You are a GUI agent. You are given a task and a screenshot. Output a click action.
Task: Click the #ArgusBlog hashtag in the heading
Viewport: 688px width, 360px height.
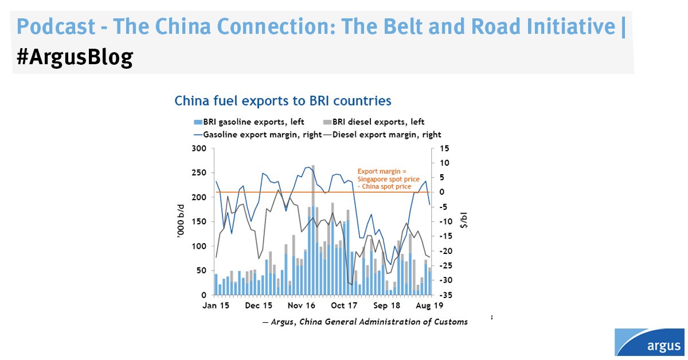[x=75, y=57]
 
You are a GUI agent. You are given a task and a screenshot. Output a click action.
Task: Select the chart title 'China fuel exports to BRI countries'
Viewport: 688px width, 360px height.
[x=283, y=101]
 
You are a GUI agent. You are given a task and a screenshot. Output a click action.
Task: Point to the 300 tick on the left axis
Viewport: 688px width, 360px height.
[x=200, y=148]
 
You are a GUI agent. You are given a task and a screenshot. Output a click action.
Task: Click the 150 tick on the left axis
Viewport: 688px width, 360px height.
[x=200, y=222]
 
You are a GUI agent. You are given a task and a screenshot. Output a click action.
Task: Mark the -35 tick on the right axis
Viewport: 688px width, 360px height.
[x=445, y=295]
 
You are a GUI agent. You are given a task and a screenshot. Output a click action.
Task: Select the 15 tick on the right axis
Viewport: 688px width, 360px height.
[x=444, y=148]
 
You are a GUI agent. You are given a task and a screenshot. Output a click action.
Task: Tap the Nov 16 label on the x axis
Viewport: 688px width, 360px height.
[x=302, y=306]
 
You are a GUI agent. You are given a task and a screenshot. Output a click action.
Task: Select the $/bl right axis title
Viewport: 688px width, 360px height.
[x=464, y=221]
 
